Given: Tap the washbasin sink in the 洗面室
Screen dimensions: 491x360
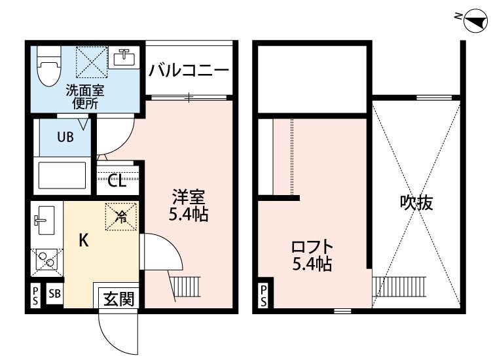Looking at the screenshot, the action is pyautogui.click(x=124, y=58).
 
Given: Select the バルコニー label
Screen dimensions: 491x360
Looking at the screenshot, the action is pyautogui.click(x=189, y=71).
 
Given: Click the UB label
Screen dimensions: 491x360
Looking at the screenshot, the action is pyautogui.click(x=65, y=137).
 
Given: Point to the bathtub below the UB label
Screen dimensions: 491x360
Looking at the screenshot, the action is pyautogui.click(x=62, y=175).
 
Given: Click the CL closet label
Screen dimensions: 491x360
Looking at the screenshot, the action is pyautogui.click(x=117, y=180).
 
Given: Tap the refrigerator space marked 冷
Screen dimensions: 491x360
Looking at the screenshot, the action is pyautogui.click(x=121, y=217).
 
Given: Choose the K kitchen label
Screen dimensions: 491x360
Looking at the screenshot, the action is pyautogui.click(x=83, y=240).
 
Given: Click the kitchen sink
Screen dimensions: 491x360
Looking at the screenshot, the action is pyautogui.click(x=44, y=221).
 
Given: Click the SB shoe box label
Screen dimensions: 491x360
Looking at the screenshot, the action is pyautogui.click(x=54, y=294).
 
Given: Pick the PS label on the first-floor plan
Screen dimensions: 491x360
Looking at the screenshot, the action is pyautogui.click(x=35, y=295).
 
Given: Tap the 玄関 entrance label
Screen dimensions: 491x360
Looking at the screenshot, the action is pyautogui.click(x=119, y=298).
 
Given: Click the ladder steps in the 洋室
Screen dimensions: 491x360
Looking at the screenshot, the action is pyautogui.click(x=187, y=287).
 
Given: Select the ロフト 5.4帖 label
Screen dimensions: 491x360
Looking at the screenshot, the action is pyautogui.click(x=312, y=255).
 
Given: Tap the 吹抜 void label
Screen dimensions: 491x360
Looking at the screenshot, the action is pyautogui.click(x=416, y=202).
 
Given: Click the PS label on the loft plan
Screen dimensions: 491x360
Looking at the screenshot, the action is pyautogui.click(x=264, y=296).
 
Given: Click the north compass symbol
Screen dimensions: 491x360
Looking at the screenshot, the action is pyautogui.click(x=475, y=21).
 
